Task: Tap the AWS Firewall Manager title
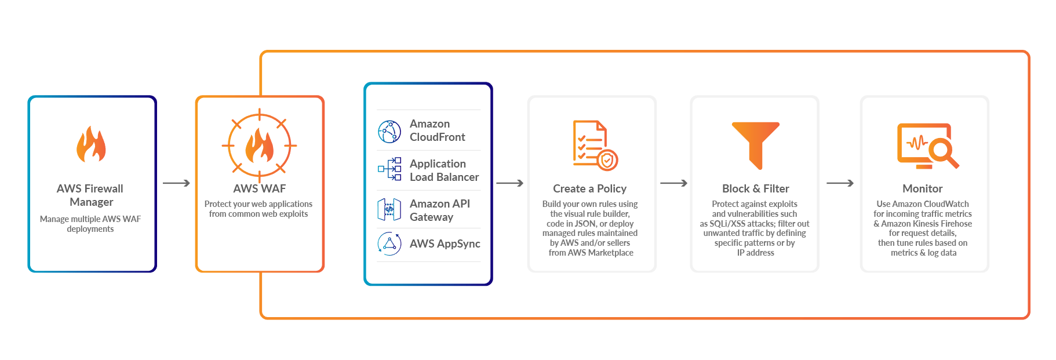pos(90,195)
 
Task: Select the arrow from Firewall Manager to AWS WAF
pos(176,183)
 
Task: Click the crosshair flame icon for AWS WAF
pos(259,146)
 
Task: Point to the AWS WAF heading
pos(259,188)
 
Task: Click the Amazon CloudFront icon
pos(389,132)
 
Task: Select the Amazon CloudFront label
pos(437,130)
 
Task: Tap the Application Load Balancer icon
pos(389,169)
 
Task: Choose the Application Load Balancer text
pos(444,170)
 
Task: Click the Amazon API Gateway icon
pos(389,209)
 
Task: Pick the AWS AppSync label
pos(445,243)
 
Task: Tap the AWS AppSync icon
pos(389,243)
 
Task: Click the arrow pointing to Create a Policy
pos(510,183)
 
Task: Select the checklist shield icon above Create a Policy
pos(595,145)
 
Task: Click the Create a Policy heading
pos(589,188)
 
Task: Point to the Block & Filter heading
pos(755,188)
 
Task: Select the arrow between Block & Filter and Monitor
pos(840,183)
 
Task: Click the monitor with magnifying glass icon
pos(927,146)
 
